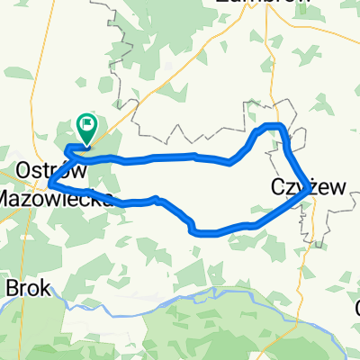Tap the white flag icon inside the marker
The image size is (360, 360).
(x=87, y=125)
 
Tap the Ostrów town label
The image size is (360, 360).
(x=52, y=170)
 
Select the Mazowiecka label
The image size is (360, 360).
(x=56, y=196)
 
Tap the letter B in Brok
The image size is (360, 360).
(x=13, y=289)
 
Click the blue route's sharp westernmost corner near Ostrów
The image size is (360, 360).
(x=49, y=184)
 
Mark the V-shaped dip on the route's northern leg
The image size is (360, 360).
(x=231, y=163)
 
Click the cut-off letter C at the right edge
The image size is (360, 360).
(x=356, y=307)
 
